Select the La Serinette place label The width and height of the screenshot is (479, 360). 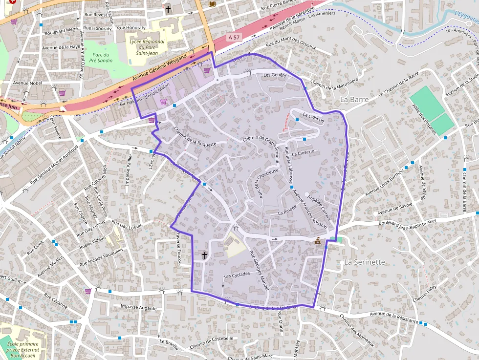(365, 262)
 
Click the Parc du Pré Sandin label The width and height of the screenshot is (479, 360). (102, 58)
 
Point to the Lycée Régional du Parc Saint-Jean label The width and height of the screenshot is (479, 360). (147, 47)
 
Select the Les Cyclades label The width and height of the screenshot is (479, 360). (237, 275)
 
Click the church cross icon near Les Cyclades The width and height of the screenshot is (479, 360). (205, 255)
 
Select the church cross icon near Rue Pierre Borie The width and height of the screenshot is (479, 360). (168, 9)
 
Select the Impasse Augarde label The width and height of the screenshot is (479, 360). (138, 308)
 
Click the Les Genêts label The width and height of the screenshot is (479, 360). (274, 76)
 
